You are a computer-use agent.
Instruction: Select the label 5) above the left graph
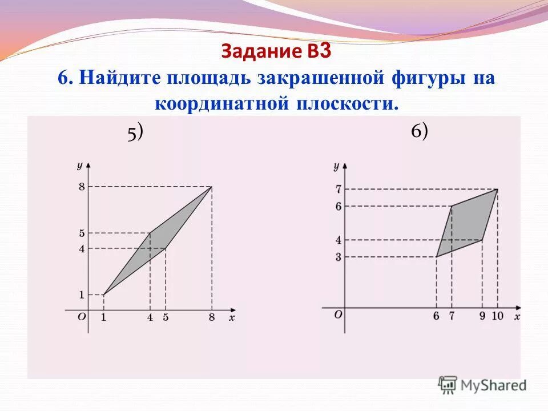[135, 132]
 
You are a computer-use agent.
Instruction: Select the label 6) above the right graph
[419, 131]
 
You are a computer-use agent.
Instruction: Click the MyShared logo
[483, 385]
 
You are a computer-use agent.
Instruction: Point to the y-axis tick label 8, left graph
[82, 187]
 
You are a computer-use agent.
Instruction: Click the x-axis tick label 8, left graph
[212, 318]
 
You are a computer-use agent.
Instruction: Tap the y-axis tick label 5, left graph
[82, 233]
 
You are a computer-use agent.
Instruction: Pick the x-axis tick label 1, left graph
[103, 318]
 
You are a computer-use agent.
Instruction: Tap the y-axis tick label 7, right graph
[338, 189]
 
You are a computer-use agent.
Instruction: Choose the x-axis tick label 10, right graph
[497, 316]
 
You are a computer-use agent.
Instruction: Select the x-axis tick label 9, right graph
[482, 316]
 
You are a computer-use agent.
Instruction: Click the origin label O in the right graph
[338, 314]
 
